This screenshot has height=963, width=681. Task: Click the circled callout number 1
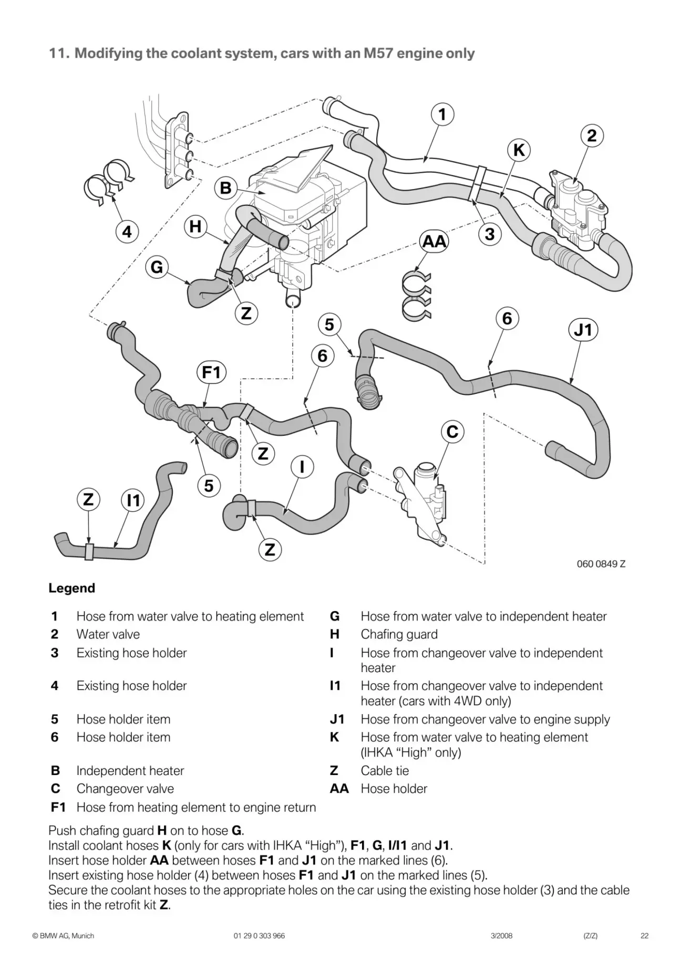point(442,114)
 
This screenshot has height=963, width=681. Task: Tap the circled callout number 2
point(592,136)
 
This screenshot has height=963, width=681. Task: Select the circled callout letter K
point(519,151)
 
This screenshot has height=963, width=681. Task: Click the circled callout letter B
point(225,188)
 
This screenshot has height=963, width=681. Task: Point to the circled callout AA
point(435,242)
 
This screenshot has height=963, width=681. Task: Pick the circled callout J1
point(583,330)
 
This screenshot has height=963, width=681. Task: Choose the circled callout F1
point(211,373)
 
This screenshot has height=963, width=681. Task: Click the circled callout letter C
point(452,432)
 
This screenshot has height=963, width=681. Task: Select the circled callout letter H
point(195,227)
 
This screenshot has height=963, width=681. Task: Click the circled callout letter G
point(157,268)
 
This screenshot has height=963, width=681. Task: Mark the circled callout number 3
point(489,234)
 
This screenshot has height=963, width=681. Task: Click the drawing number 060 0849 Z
point(601,564)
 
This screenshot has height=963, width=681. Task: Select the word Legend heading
point(72,588)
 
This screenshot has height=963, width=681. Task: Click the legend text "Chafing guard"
point(399,634)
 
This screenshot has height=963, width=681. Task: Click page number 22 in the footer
point(644,936)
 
